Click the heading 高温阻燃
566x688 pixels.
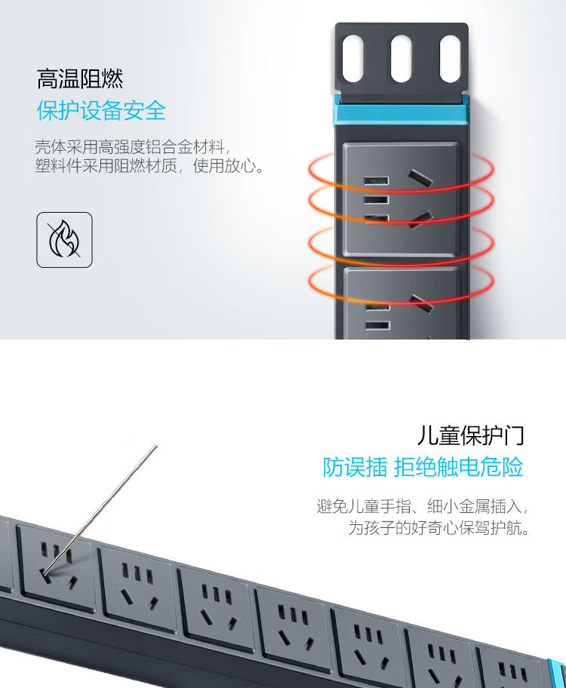point(79,79)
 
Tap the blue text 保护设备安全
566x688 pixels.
point(101,110)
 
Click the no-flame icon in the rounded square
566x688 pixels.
point(65,240)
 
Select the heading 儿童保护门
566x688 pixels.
point(470,435)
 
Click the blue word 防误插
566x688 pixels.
point(355,467)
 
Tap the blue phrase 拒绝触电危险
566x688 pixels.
point(458,467)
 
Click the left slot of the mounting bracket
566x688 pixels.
point(352,59)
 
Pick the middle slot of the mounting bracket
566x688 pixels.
point(401,59)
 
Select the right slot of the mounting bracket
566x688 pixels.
point(450,59)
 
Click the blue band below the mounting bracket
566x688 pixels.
point(401,115)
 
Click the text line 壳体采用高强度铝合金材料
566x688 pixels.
point(133,147)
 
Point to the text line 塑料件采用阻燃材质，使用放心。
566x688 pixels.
point(149,166)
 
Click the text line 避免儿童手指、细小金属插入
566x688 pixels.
point(422,506)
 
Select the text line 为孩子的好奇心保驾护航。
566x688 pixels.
point(438,527)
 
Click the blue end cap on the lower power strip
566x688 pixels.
point(556,673)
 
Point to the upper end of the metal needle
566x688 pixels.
point(156,446)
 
